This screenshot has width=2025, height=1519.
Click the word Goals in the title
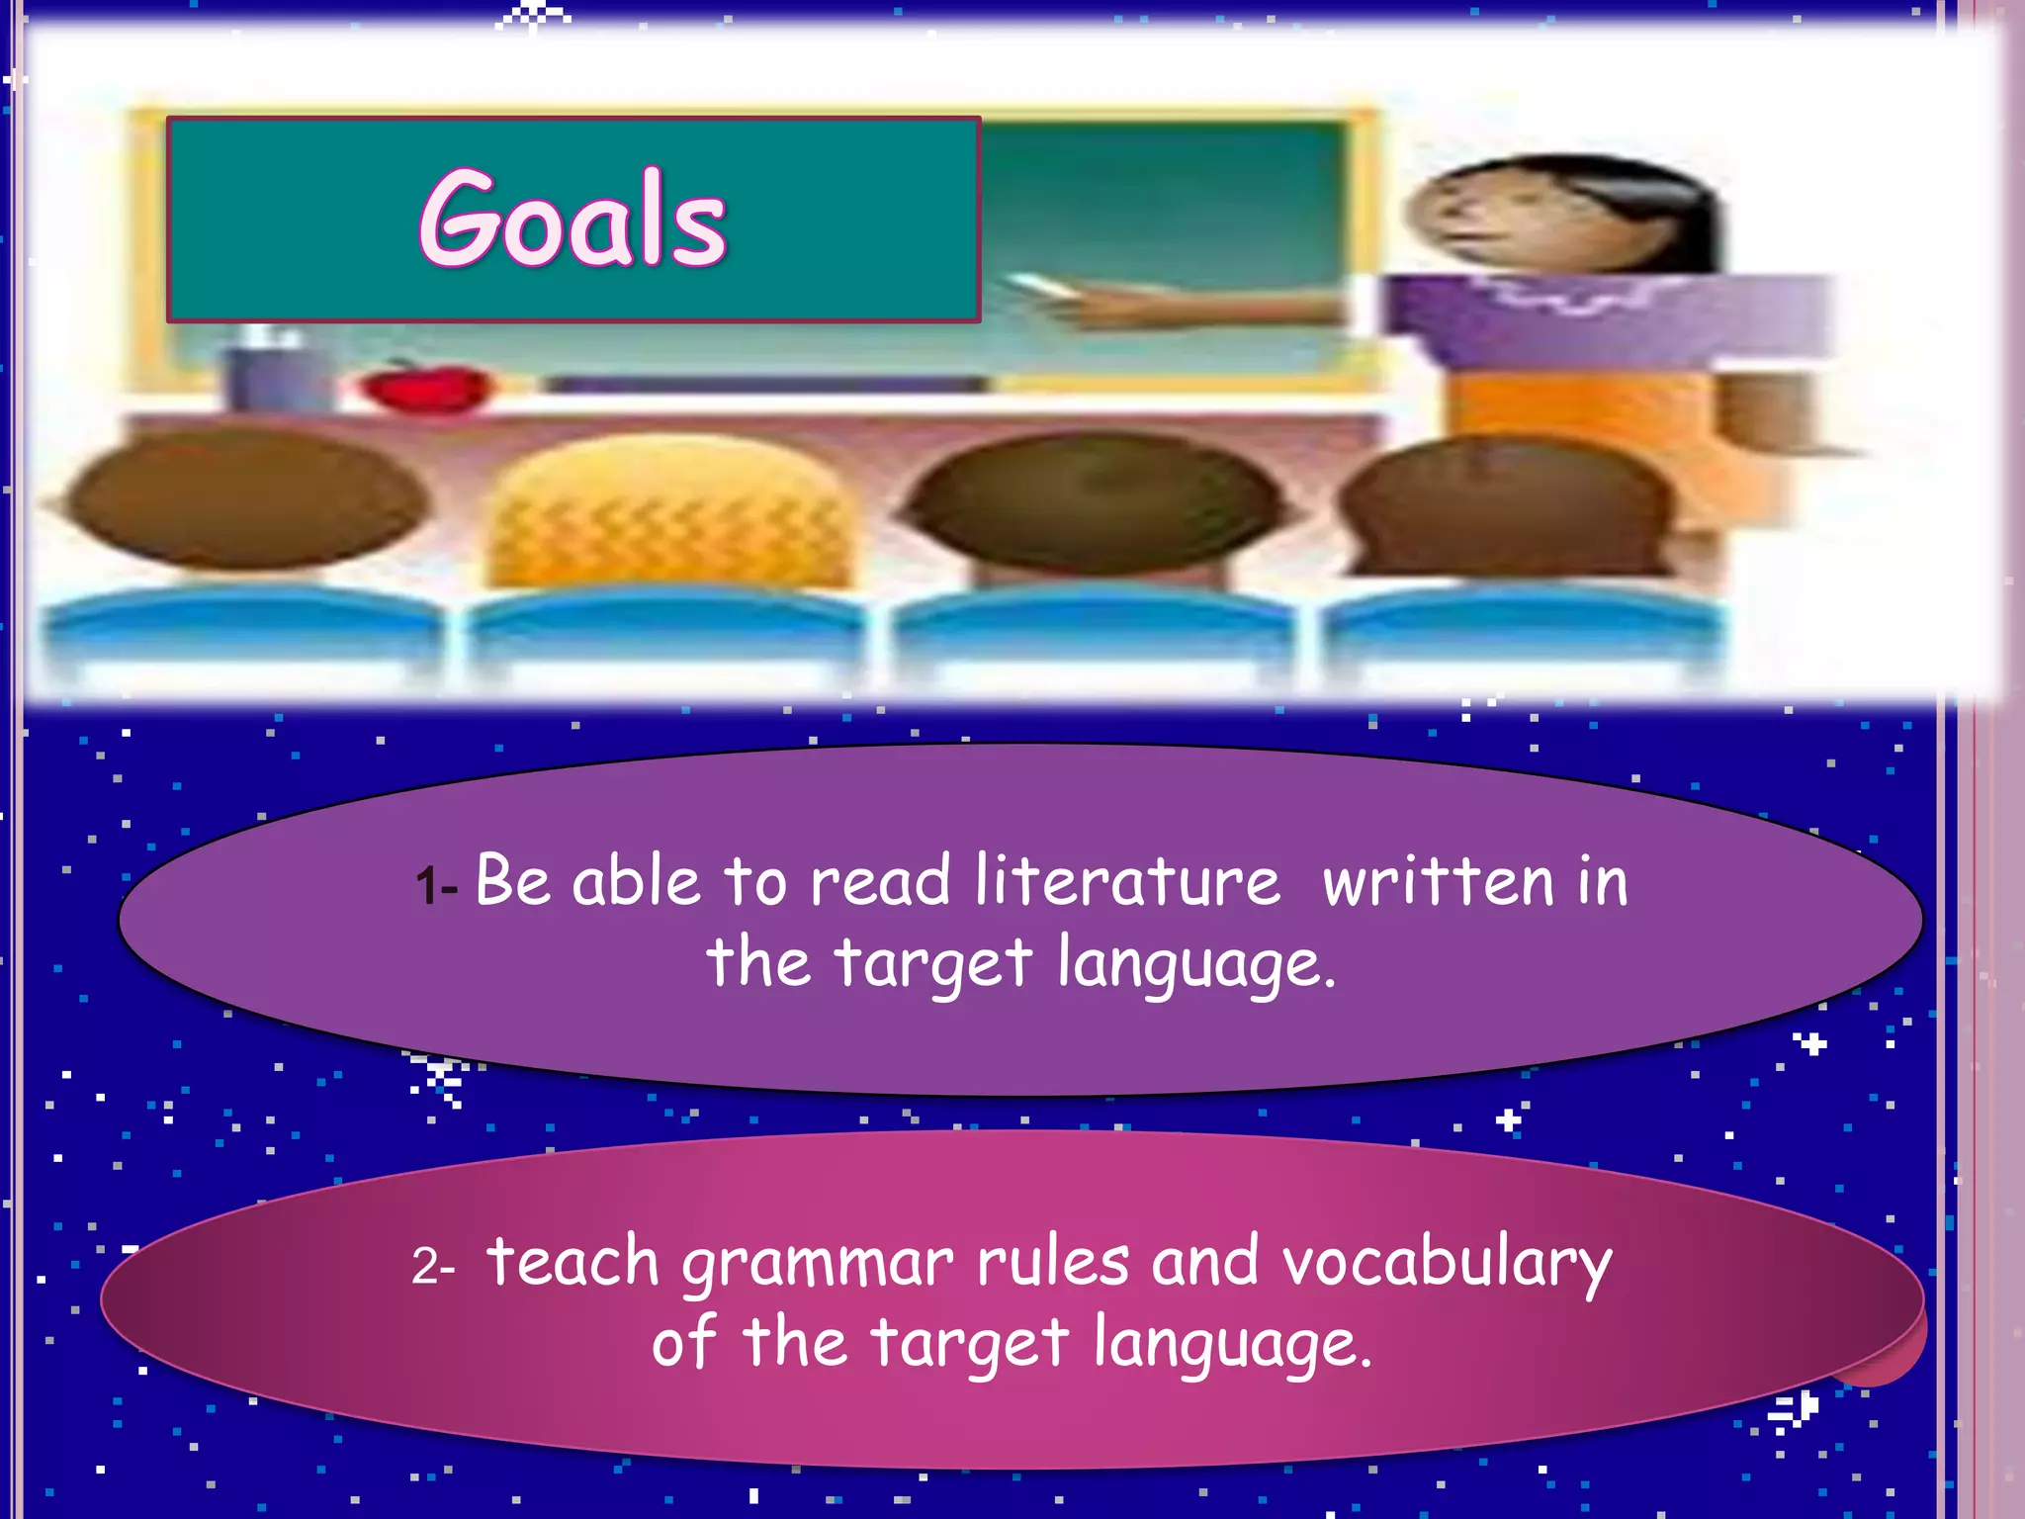[x=572, y=219]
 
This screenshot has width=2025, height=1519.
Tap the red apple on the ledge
[x=427, y=387]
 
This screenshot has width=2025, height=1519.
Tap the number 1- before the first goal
[x=436, y=885]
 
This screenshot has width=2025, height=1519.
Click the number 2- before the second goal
[x=433, y=1266]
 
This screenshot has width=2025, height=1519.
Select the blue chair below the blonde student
[x=664, y=628]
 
